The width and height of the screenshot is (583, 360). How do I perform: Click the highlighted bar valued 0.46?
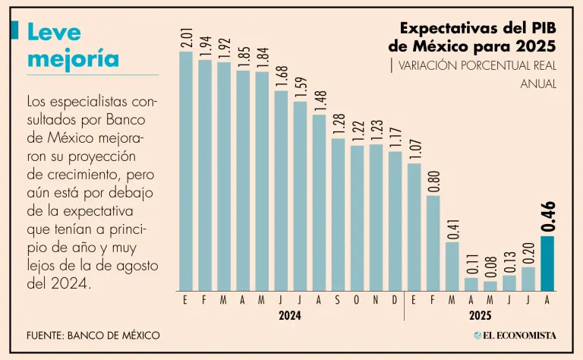click(x=547, y=264)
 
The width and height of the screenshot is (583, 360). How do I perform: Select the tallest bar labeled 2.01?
click(x=186, y=172)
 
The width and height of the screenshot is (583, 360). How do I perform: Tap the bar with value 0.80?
click(x=433, y=243)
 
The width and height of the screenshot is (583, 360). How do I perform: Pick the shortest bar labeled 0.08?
click(x=490, y=286)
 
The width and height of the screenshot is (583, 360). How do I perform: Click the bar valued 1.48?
click(x=319, y=203)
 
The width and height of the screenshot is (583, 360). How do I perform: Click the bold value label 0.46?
click(x=548, y=216)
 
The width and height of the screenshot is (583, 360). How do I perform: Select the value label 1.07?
click(x=414, y=150)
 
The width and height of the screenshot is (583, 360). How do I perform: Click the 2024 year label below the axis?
click(x=290, y=315)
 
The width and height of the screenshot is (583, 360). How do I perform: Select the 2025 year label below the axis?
click(x=481, y=315)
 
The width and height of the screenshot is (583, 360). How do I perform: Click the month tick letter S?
click(x=338, y=300)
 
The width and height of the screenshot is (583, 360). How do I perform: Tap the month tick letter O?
click(x=357, y=300)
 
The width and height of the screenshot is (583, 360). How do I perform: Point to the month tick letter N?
click(x=376, y=300)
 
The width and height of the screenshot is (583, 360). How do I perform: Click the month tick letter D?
click(x=395, y=300)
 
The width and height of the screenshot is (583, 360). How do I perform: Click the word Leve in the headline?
click(x=53, y=31)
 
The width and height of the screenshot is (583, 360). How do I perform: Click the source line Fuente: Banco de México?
click(x=93, y=335)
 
